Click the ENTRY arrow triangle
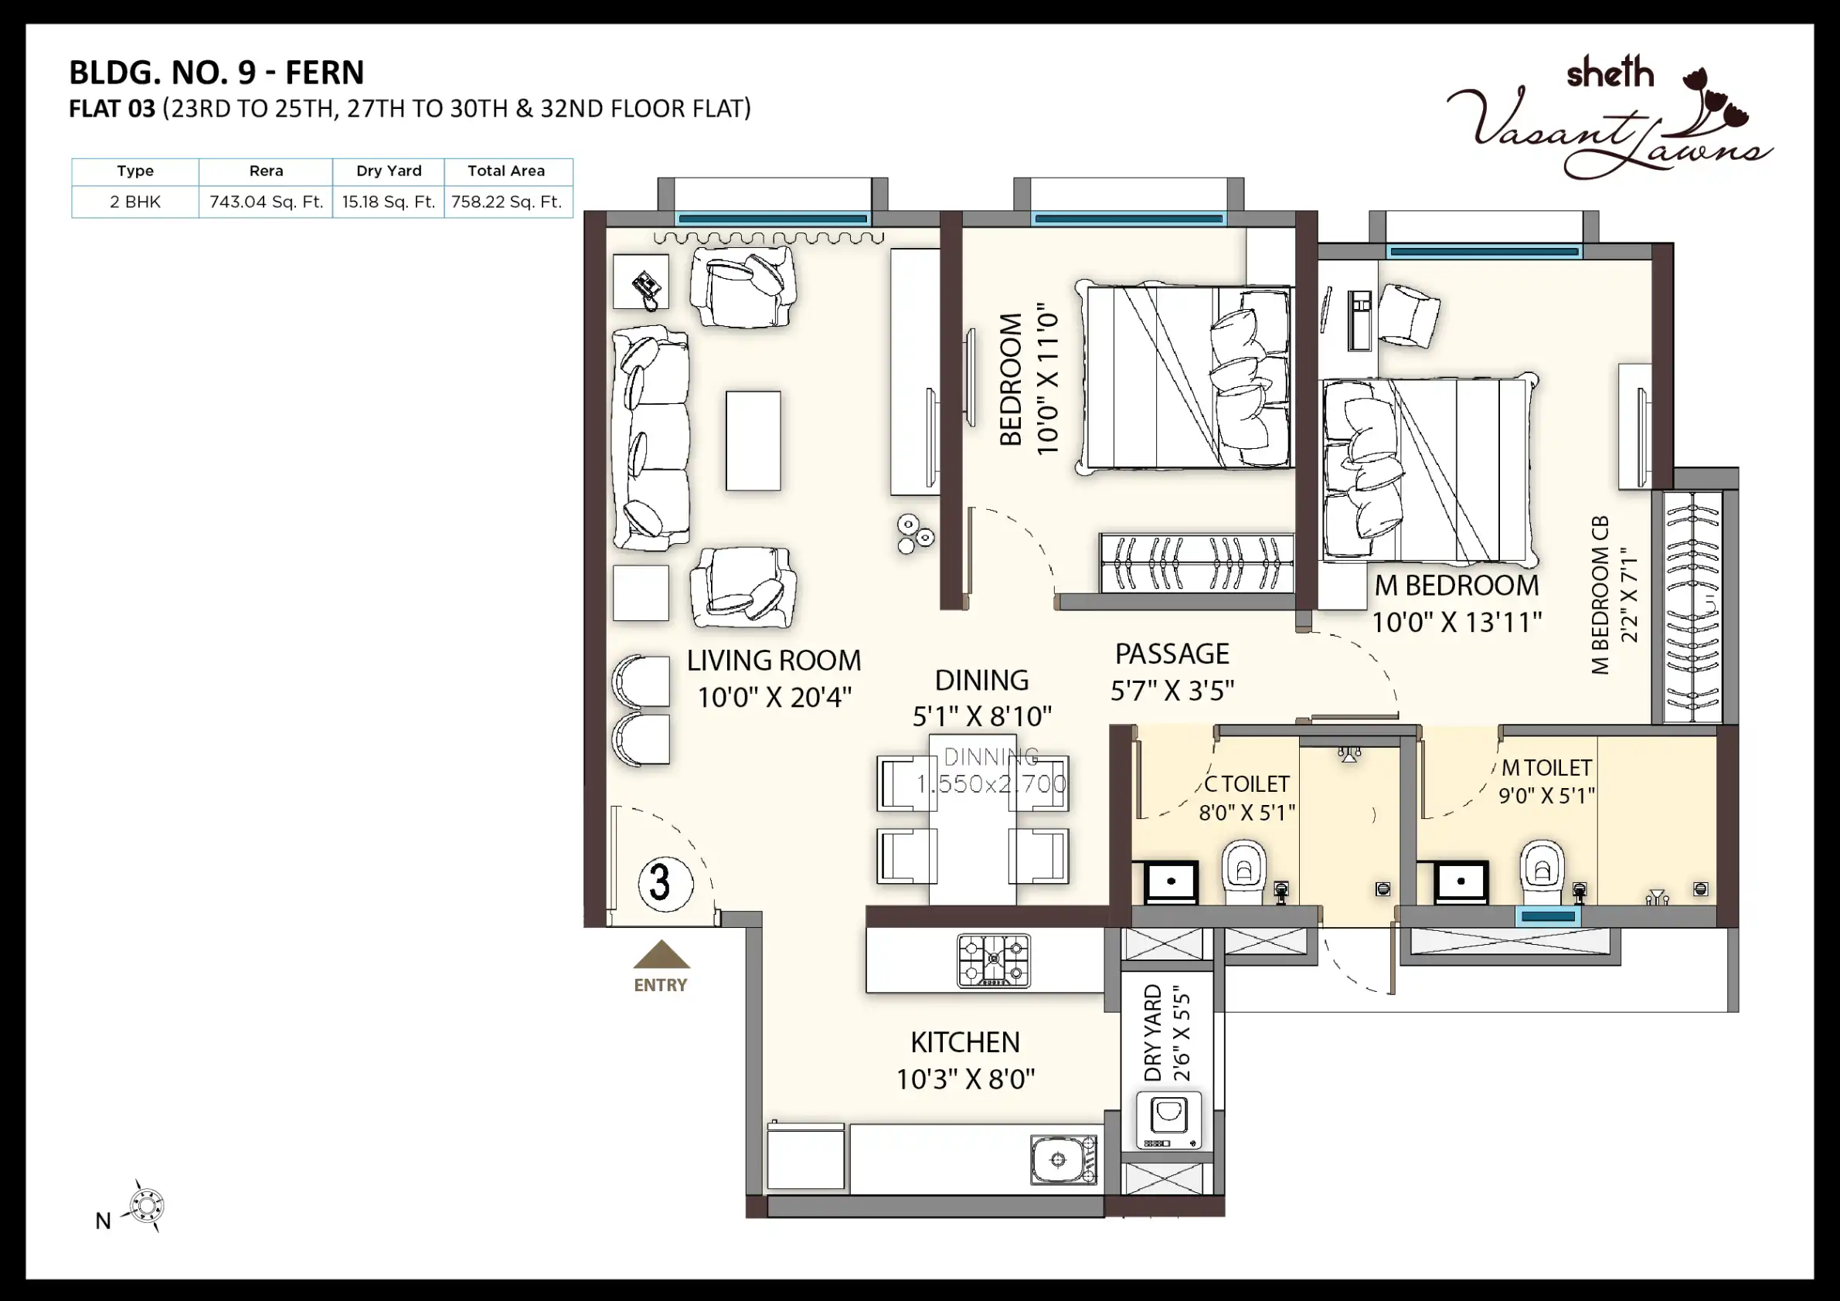coord(662,954)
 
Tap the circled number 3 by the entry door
coord(665,883)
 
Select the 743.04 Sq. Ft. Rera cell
coord(266,202)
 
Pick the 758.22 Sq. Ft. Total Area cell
coord(507,202)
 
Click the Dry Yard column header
coord(389,171)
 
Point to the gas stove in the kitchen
coord(994,960)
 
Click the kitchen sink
coord(1063,1159)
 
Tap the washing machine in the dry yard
coord(1169,1120)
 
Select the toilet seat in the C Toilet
coord(1243,868)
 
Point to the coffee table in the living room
coord(753,440)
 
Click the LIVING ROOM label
coord(774,660)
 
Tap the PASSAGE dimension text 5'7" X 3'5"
coord(1172,691)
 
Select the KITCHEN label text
coord(965,1042)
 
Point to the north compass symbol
coord(147,1206)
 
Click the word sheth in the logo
coord(1610,73)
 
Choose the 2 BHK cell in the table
coord(134,202)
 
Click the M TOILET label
coord(1546,767)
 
